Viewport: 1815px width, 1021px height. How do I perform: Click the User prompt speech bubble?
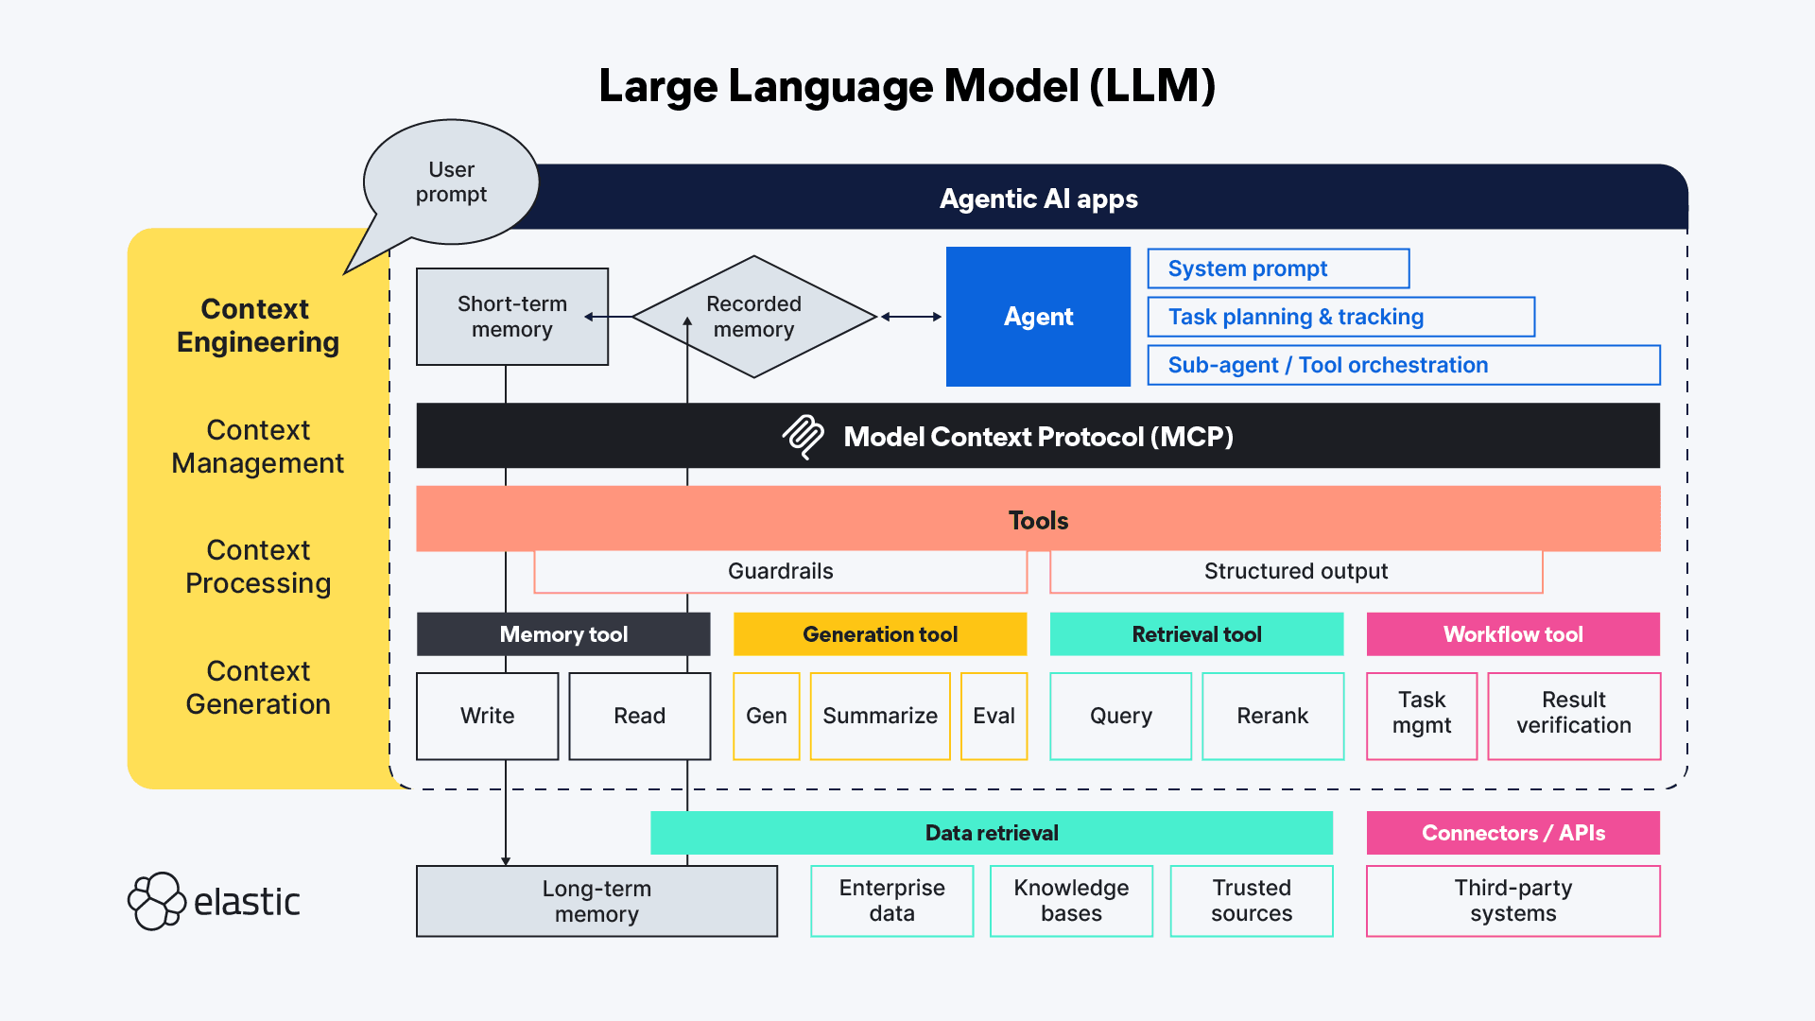[x=451, y=182]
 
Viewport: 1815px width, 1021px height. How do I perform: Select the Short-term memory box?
[x=511, y=317]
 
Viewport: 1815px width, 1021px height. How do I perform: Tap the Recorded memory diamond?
[x=753, y=317]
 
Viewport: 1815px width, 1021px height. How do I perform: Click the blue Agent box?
[x=1038, y=317]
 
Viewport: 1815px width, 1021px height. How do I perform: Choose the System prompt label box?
[x=1278, y=268]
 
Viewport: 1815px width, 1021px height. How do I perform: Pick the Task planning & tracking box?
[x=1340, y=317]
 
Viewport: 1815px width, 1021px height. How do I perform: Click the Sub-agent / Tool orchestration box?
[x=1403, y=365]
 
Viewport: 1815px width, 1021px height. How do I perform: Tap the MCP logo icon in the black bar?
[x=804, y=436]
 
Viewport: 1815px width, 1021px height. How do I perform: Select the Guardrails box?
[x=780, y=571]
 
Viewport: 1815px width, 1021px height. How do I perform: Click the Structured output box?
[x=1295, y=571]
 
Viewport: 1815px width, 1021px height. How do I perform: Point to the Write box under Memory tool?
[x=487, y=716]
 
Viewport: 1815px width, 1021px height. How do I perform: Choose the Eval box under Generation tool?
[x=994, y=716]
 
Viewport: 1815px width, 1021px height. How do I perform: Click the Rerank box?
[x=1272, y=716]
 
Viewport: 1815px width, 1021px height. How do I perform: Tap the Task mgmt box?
[x=1422, y=716]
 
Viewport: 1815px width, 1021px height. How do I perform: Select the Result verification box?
[x=1574, y=716]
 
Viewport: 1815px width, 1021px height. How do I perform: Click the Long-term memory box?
[x=596, y=901]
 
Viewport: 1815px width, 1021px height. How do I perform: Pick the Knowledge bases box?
[x=1071, y=901]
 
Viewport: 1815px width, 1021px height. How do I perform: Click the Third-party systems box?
[x=1512, y=901]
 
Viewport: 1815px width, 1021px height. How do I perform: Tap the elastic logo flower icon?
[x=156, y=901]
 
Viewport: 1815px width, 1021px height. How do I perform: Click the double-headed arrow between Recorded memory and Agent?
[x=911, y=317]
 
